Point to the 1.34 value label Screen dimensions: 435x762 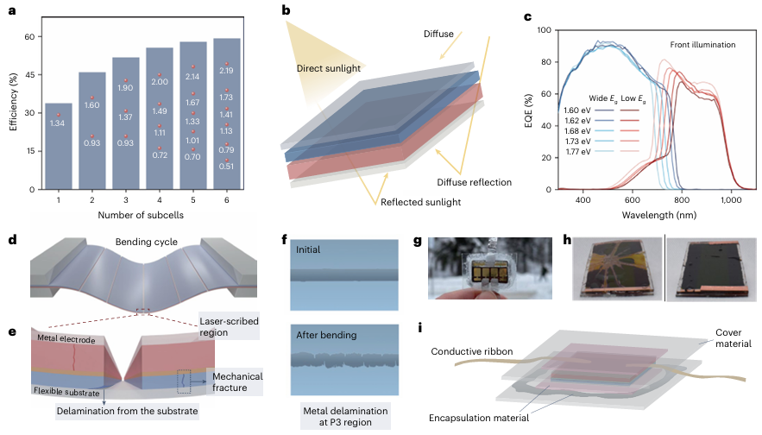(59, 123)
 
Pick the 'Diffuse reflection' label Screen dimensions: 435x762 (473, 182)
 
